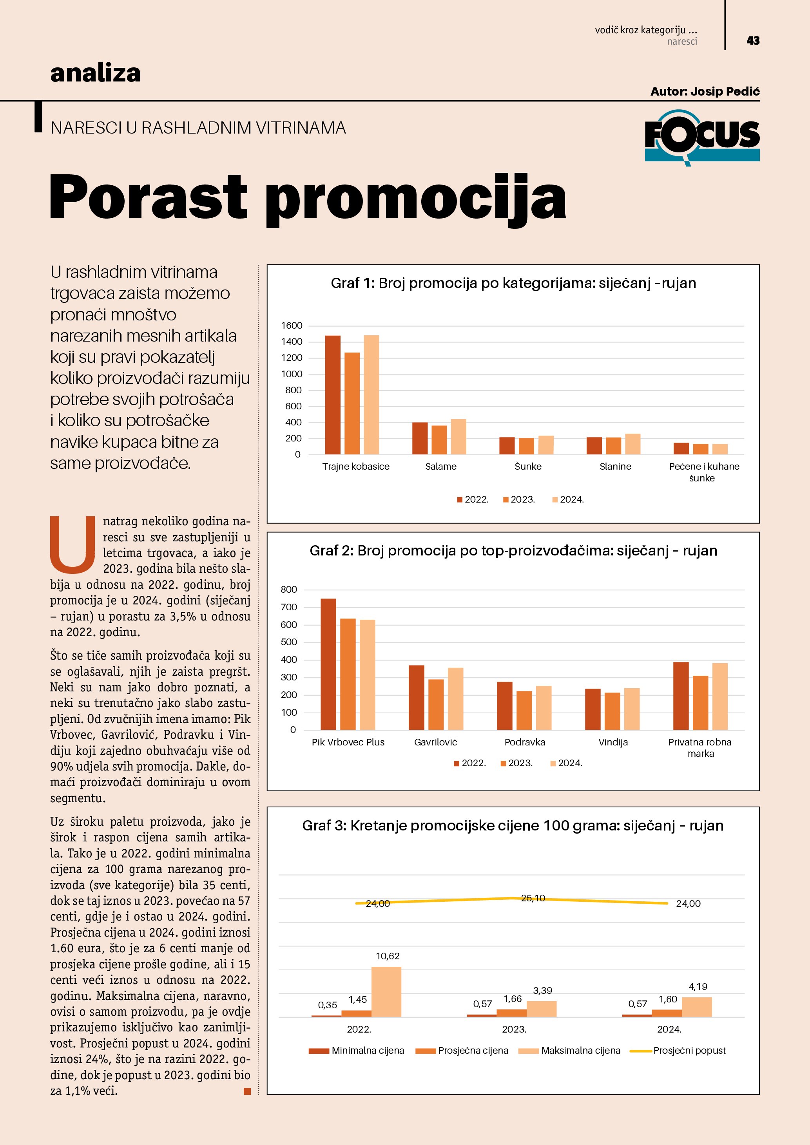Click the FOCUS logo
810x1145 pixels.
click(x=702, y=137)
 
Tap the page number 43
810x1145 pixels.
click(x=753, y=40)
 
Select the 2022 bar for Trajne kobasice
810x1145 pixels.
click(x=333, y=394)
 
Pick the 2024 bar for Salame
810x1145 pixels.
click(x=458, y=436)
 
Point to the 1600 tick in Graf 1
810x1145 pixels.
click(x=292, y=326)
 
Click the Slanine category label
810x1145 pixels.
click(x=615, y=466)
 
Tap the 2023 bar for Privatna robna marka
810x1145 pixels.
click(x=700, y=703)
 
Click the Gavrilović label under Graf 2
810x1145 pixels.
click(x=435, y=742)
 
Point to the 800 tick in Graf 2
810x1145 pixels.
click(x=289, y=590)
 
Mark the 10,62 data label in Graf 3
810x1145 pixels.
click(x=388, y=956)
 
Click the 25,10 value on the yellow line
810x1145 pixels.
click(x=533, y=898)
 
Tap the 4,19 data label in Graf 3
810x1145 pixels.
click(x=698, y=986)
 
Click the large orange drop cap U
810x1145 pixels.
click(x=73, y=544)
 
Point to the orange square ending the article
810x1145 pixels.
click(x=247, y=1092)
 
